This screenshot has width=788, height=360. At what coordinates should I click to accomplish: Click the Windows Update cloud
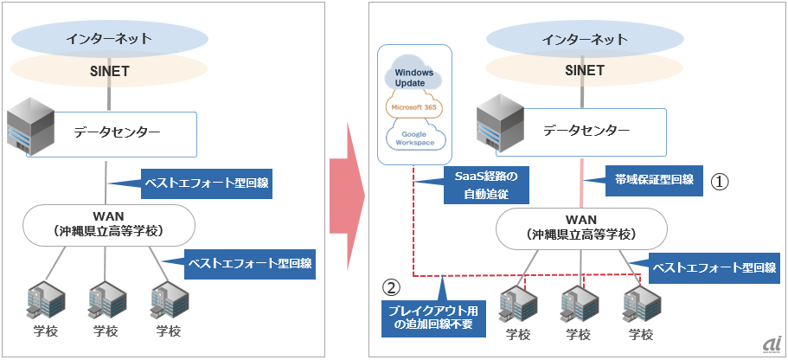click(415, 74)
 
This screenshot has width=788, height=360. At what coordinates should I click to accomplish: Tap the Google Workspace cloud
click(415, 136)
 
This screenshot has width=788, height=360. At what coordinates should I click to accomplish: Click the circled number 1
click(721, 181)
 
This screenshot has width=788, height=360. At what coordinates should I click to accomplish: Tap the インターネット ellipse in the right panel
click(576, 38)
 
